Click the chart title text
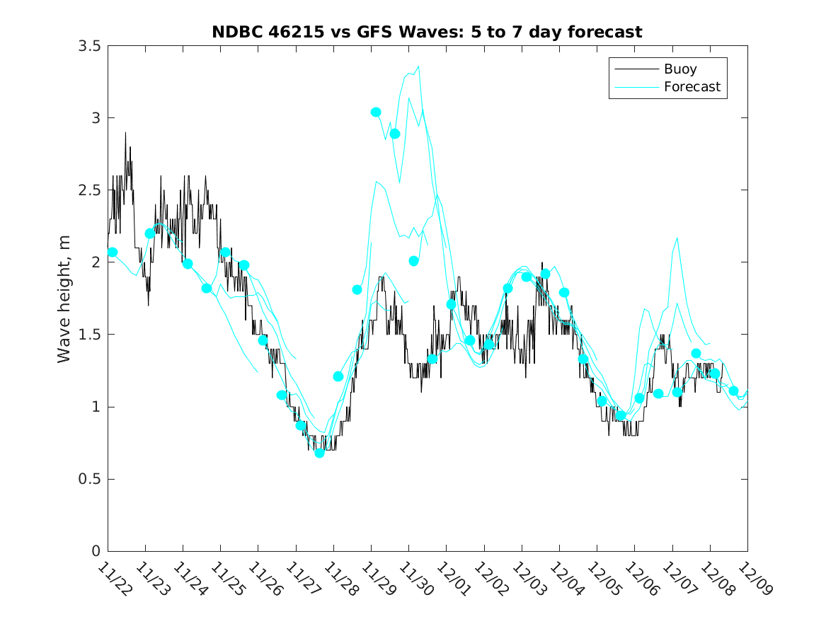[x=427, y=32]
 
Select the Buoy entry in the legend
[x=679, y=69]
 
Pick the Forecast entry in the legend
[x=692, y=87]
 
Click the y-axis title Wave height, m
[x=64, y=298]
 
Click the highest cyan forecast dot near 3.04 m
[x=376, y=112]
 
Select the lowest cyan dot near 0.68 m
[x=319, y=453]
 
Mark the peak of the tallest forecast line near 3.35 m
[x=418, y=66]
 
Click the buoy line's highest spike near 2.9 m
[x=125, y=132]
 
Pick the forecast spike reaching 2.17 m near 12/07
[x=677, y=238]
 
